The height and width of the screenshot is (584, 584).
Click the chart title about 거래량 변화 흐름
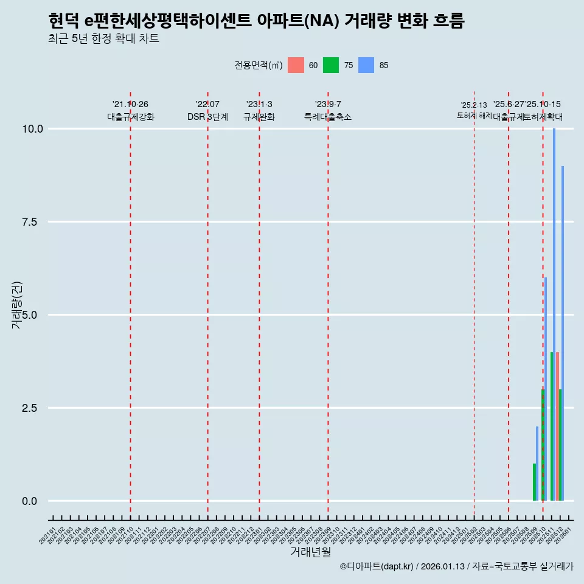tap(256, 21)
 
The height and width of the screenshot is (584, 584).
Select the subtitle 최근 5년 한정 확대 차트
tap(103, 39)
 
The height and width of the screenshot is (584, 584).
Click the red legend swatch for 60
tap(296, 65)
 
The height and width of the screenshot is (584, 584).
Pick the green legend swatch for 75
tap(331, 65)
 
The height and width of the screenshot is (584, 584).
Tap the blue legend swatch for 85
tap(366, 65)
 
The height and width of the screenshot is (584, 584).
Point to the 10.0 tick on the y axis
tap(32, 129)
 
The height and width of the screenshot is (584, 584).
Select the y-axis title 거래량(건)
tap(17, 304)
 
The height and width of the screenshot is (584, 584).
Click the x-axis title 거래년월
tap(310, 552)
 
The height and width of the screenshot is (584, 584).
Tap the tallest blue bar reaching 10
tap(554, 315)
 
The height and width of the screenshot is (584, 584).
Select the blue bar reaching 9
tap(563, 333)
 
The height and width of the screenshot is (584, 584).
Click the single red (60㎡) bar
tap(557, 426)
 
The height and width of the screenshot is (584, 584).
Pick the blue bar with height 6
tap(546, 389)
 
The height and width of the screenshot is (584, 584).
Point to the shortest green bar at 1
tap(534, 482)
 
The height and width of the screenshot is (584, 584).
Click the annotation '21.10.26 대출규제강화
tap(130, 111)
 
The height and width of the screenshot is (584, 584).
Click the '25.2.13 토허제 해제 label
tap(474, 110)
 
